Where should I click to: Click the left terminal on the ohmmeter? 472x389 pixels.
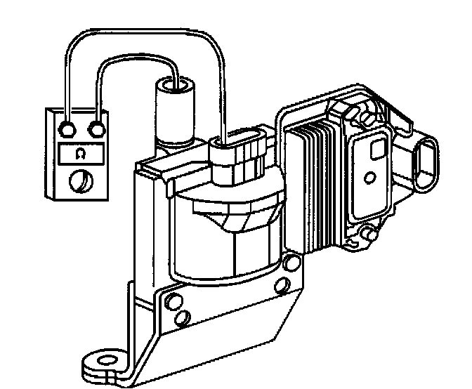tap(68, 129)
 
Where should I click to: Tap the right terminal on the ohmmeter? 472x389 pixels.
tap(96, 129)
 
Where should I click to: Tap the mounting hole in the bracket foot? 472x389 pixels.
tap(105, 362)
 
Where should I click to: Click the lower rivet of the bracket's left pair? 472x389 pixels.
tap(182, 318)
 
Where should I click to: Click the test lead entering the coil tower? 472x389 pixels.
tap(172, 70)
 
